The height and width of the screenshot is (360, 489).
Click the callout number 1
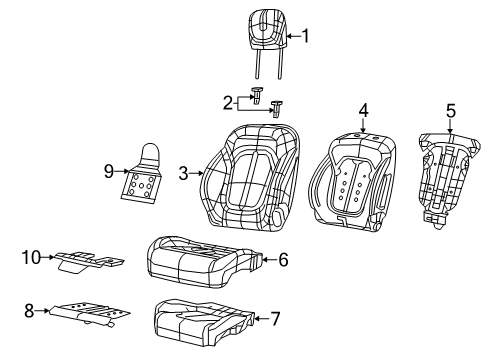click(x=306, y=38)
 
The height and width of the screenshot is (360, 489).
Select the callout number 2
click(x=228, y=101)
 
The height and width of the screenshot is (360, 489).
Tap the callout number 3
click(x=184, y=173)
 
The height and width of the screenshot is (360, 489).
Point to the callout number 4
click(x=364, y=109)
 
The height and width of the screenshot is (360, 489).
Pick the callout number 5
click(x=450, y=112)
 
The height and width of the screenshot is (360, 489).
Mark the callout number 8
click(x=30, y=311)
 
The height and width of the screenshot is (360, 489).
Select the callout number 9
click(x=109, y=170)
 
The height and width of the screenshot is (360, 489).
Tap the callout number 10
click(x=30, y=258)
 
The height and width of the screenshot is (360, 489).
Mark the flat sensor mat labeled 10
click(x=88, y=261)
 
